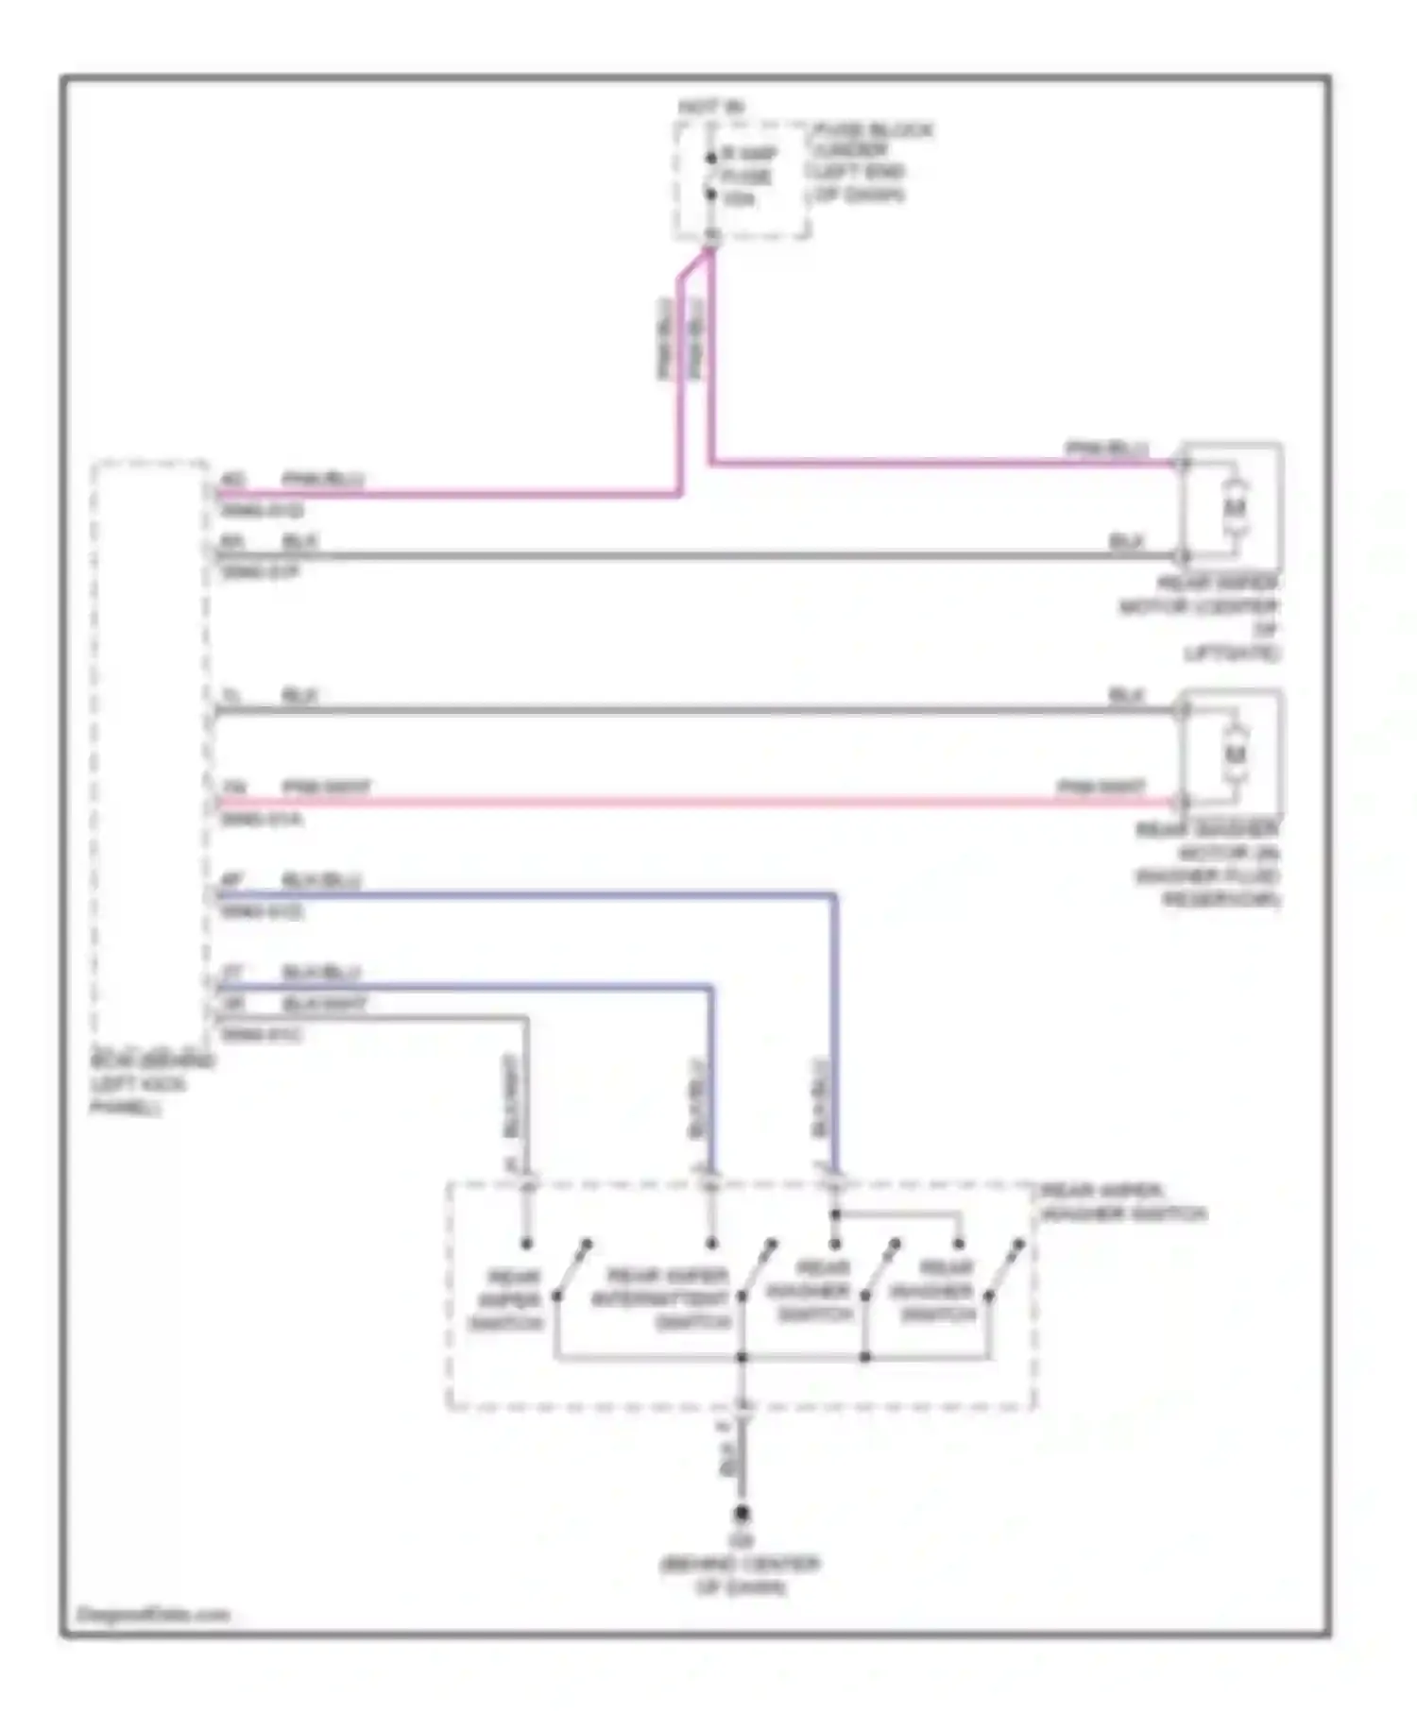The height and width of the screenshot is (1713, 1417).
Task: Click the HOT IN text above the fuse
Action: pos(710,107)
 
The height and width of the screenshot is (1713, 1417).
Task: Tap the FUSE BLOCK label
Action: pos(871,130)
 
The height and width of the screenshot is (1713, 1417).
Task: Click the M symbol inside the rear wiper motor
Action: pos(1234,508)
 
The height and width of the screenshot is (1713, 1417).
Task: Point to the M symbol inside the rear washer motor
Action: pos(1235,755)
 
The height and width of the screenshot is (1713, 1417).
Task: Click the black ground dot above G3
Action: pos(743,1513)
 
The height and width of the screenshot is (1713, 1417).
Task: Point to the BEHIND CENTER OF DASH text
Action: pos(740,1575)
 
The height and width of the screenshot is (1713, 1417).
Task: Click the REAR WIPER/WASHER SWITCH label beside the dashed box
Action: pos(1123,1202)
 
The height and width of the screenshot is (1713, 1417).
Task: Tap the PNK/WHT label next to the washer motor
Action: pos(1101,787)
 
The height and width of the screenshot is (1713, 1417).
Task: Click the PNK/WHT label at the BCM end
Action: pos(327,787)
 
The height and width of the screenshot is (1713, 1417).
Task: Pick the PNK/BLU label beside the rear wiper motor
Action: pos(1107,447)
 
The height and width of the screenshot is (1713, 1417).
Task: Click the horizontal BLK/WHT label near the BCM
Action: pos(324,1004)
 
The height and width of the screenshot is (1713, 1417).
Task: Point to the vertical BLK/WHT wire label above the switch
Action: pos(511,1100)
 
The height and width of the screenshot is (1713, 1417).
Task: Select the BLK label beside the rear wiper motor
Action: pos(1126,541)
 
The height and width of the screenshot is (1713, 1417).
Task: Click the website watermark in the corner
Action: pos(153,1614)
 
